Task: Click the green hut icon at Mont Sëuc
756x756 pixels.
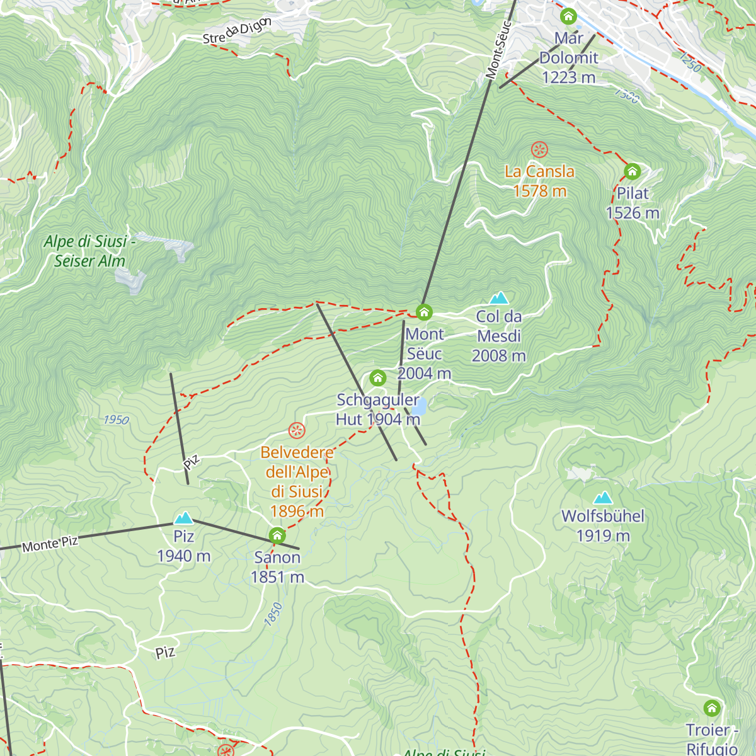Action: pos(424,312)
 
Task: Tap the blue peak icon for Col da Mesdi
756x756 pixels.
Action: pos(499,298)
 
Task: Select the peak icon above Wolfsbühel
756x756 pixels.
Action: pos(603,498)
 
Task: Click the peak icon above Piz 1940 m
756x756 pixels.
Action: pos(184,518)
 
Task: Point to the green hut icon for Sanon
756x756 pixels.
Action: pos(277,536)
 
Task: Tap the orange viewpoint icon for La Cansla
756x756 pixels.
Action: pos(539,150)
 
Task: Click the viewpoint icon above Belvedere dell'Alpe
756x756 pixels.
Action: pos(297,431)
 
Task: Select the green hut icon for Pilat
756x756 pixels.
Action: pos(632,171)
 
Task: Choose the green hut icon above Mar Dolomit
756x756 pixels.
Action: pos(568,16)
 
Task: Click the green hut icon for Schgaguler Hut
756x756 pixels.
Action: pos(377,378)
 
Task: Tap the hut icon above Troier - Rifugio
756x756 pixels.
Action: pos(712,708)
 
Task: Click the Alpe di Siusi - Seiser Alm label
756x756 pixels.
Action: pos(89,251)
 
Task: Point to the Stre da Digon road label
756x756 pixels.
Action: pos(237,31)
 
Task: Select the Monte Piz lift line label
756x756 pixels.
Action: pos(50,544)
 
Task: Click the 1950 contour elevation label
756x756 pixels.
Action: pos(116,420)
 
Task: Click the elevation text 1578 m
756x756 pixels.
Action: pos(540,192)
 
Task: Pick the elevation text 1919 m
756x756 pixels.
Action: pos(603,536)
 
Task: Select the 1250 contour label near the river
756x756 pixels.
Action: pos(690,62)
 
